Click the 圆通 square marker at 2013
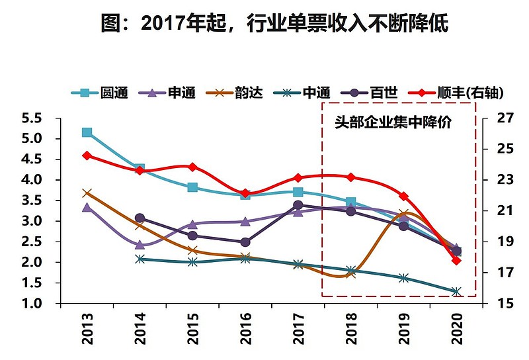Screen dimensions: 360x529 coord(87,132)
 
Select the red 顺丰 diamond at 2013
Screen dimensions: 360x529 coord(87,156)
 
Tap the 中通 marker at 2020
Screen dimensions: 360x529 coord(456,292)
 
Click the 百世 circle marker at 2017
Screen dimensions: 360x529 coord(298,205)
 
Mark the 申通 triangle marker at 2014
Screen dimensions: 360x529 coord(140,245)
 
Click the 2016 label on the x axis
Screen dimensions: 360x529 coord(245,327)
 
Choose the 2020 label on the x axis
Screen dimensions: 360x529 coord(457,327)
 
